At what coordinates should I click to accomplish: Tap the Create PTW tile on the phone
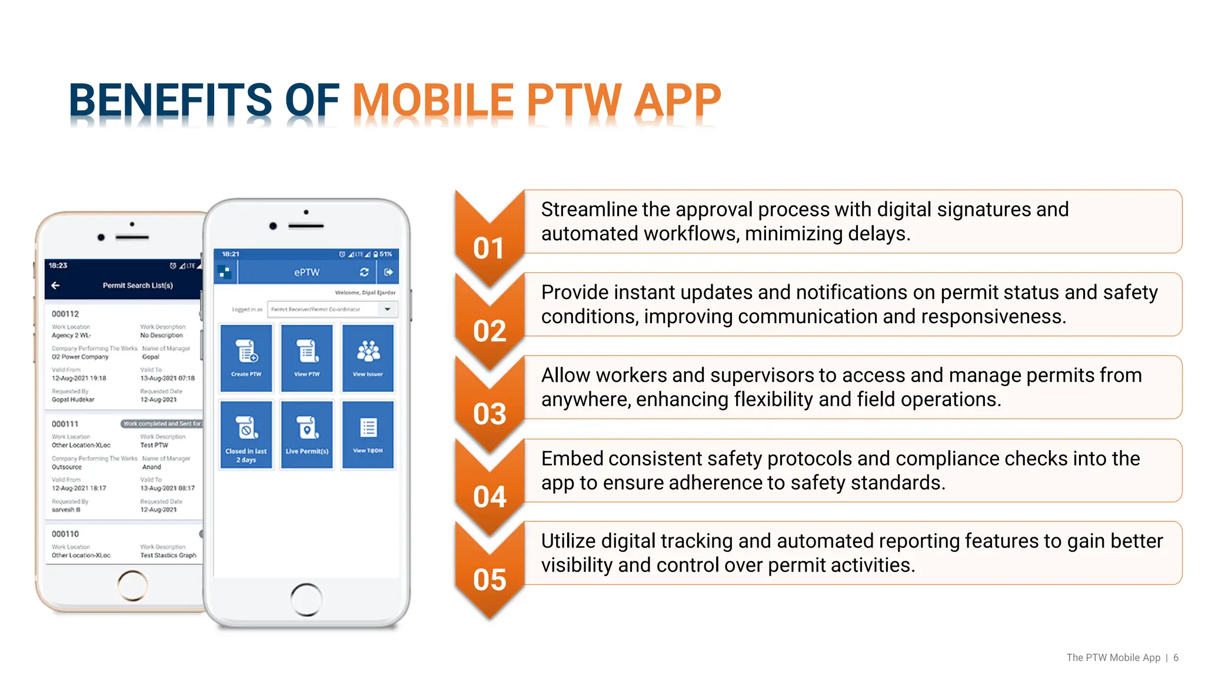coord(246,358)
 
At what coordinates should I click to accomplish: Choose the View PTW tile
coord(307,358)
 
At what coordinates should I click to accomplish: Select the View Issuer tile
coord(368,358)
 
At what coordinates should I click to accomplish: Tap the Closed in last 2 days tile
coord(246,434)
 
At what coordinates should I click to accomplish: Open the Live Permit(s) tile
coord(307,434)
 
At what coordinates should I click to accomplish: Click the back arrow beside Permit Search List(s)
coord(56,285)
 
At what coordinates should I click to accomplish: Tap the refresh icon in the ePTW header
coord(364,272)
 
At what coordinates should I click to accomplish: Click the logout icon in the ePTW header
coord(388,272)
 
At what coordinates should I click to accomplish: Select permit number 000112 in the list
coord(65,314)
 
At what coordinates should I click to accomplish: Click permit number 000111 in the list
coord(65,424)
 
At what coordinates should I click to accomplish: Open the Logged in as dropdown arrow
coord(387,309)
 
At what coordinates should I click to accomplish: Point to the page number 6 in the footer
coord(1176,657)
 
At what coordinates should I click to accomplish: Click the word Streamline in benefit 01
coord(588,210)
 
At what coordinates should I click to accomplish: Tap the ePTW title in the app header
coord(307,272)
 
